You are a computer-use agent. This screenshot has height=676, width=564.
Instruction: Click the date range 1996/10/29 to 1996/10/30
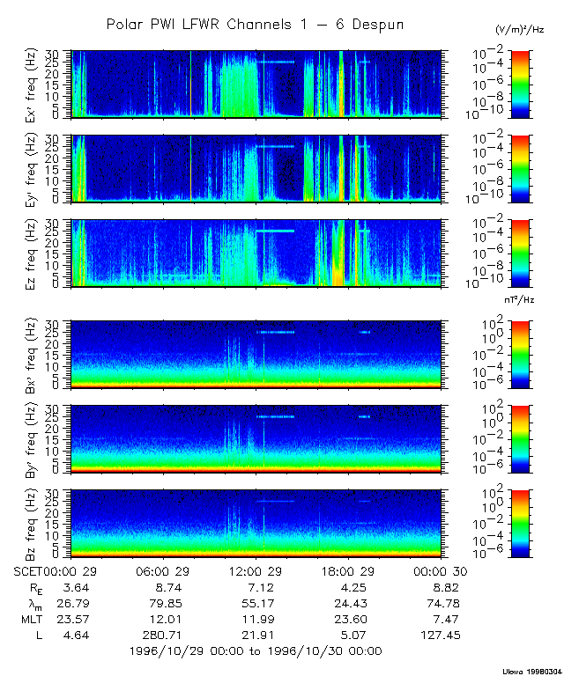255,650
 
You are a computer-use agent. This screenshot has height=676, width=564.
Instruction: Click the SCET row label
28,570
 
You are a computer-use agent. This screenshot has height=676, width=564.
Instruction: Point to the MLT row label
28,619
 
